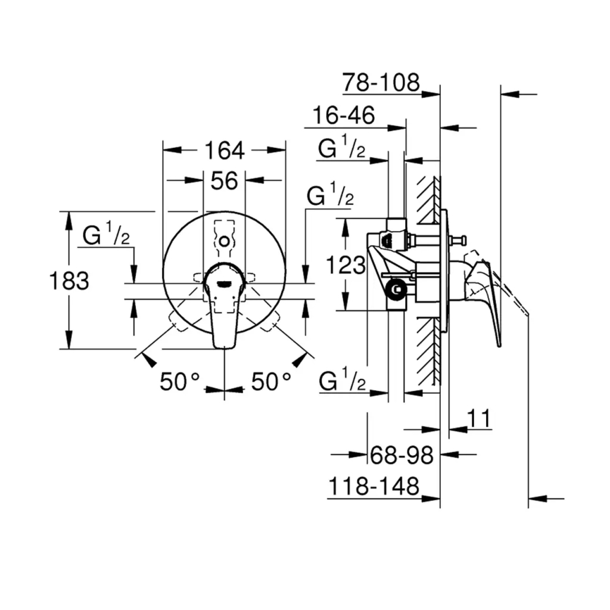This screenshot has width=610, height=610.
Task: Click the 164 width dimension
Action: (x=225, y=151)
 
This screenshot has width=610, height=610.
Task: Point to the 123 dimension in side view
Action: (x=346, y=265)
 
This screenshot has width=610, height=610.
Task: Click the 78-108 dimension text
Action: (x=381, y=83)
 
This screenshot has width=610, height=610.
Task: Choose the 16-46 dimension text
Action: (x=344, y=116)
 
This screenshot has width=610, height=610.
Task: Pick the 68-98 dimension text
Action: (x=401, y=456)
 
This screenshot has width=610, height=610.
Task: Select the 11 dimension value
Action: (x=479, y=419)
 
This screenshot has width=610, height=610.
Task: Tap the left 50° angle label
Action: (x=181, y=382)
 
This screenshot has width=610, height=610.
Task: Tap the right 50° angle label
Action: (x=270, y=382)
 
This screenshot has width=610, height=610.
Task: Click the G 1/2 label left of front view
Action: (x=106, y=236)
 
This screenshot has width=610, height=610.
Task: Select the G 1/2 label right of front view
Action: (x=330, y=196)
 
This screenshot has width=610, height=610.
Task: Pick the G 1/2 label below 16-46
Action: (x=341, y=149)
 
